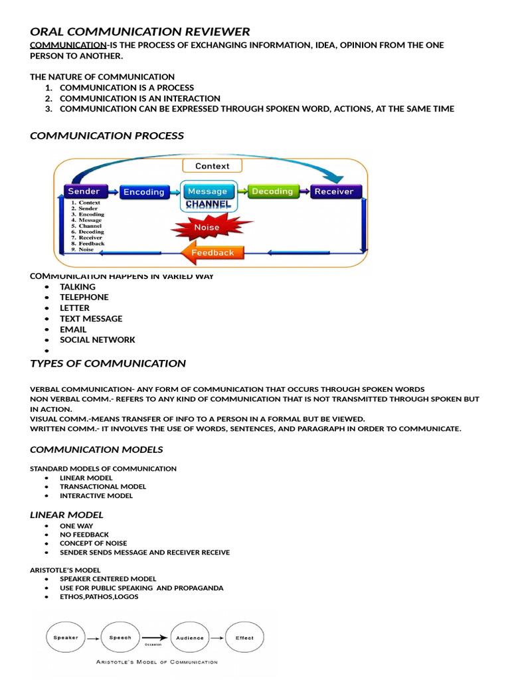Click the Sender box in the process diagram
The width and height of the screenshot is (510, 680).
click(84, 191)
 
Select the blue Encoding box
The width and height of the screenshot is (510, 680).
click(143, 192)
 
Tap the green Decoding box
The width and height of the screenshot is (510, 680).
click(272, 191)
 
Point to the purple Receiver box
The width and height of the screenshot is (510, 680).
click(333, 191)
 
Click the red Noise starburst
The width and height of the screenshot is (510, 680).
click(206, 227)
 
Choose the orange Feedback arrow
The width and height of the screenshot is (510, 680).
click(211, 252)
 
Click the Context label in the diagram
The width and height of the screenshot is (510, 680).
click(212, 166)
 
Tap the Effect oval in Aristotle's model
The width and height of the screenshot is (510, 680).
click(244, 638)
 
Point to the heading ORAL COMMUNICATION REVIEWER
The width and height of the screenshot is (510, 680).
click(140, 31)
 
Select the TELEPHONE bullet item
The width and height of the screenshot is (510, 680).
click(84, 297)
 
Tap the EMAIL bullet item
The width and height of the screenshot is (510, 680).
click(73, 329)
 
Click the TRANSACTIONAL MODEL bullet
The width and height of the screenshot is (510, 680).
click(103, 487)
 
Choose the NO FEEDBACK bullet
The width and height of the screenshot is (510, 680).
click(84, 535)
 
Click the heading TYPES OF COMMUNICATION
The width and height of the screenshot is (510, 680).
click(108, 363)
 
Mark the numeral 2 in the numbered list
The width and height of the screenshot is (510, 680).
click(48, 98)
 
